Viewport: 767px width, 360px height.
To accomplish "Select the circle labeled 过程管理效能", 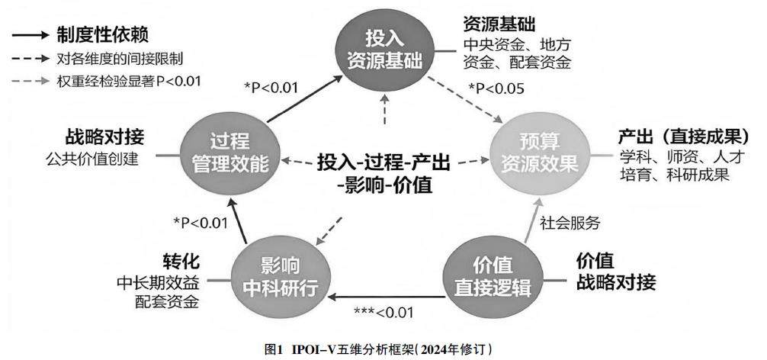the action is coord(226,153).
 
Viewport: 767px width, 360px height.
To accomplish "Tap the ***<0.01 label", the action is coord(383,312).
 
